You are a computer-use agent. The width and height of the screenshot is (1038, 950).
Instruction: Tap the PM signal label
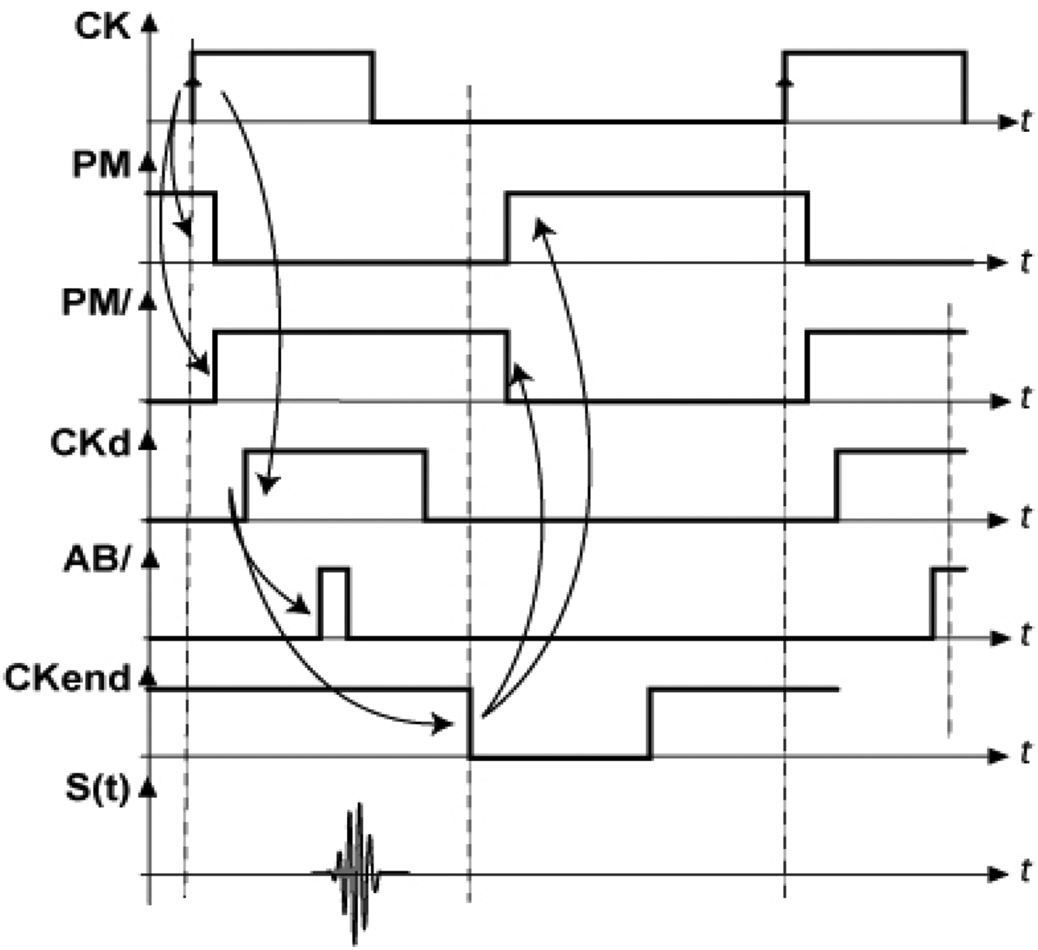[102, 166]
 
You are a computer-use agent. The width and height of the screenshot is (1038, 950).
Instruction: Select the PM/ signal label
[97, 304]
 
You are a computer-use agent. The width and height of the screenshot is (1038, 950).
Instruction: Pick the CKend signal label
[67, 679]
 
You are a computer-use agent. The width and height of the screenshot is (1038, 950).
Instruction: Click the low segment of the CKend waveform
[561, 757]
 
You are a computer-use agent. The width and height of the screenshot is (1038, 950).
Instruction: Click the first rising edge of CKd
[245, 485]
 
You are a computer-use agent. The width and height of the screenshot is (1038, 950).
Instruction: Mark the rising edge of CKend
[649, 723]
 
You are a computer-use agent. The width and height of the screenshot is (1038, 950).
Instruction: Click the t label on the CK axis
[1025, 122]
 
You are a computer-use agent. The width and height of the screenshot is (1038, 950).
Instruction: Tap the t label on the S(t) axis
[1025, 873]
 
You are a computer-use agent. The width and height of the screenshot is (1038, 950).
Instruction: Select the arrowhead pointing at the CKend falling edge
[444, 724]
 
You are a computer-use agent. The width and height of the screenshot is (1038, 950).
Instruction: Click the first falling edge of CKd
[426, 485]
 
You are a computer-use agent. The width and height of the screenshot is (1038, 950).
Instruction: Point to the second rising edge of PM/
[808, 367]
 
